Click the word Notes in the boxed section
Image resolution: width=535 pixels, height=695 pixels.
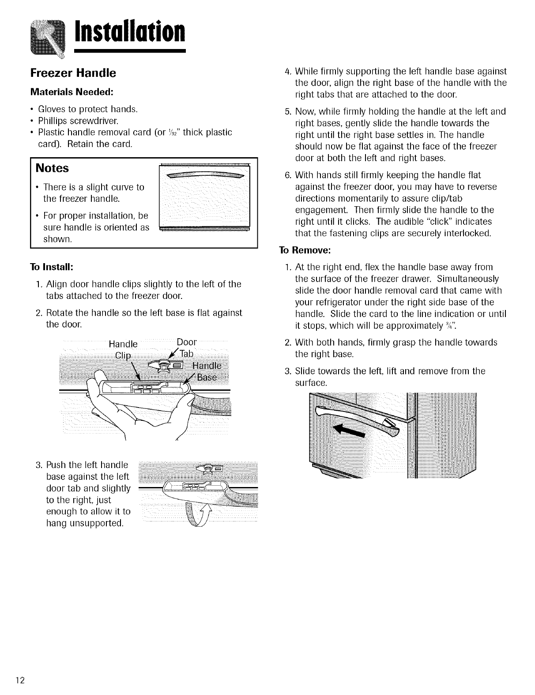pos(52,168)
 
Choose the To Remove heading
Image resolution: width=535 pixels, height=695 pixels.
pos(305,250)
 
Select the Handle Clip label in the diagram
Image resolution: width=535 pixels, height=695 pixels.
pos(123,350)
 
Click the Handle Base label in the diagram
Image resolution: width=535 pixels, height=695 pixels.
pos(208,372)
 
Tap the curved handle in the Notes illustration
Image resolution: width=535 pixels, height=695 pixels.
pos(204,176)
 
